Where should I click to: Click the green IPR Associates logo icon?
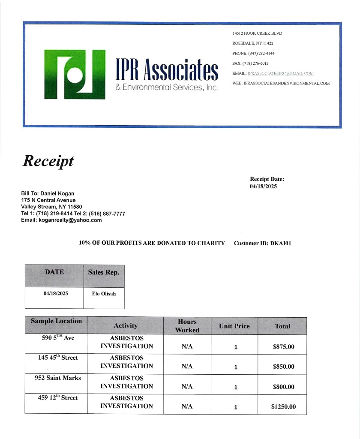pos(75,75)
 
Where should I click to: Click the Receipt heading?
pos(48,161)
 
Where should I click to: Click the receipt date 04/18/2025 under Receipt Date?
pos(263,186)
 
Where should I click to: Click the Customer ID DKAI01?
pos(281,243)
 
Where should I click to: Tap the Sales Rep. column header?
pos(104,272)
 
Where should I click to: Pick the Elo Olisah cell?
pos(104,294)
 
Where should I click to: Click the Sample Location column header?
pos(56,321)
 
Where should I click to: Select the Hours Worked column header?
pos(187,326)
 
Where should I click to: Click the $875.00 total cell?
pos(283,347)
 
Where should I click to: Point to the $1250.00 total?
pos(283,407)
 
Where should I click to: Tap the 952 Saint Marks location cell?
pos(58,378)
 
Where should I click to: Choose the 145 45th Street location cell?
pos(58,358)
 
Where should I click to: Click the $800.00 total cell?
pos(283,387)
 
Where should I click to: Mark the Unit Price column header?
pos(234,326)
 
